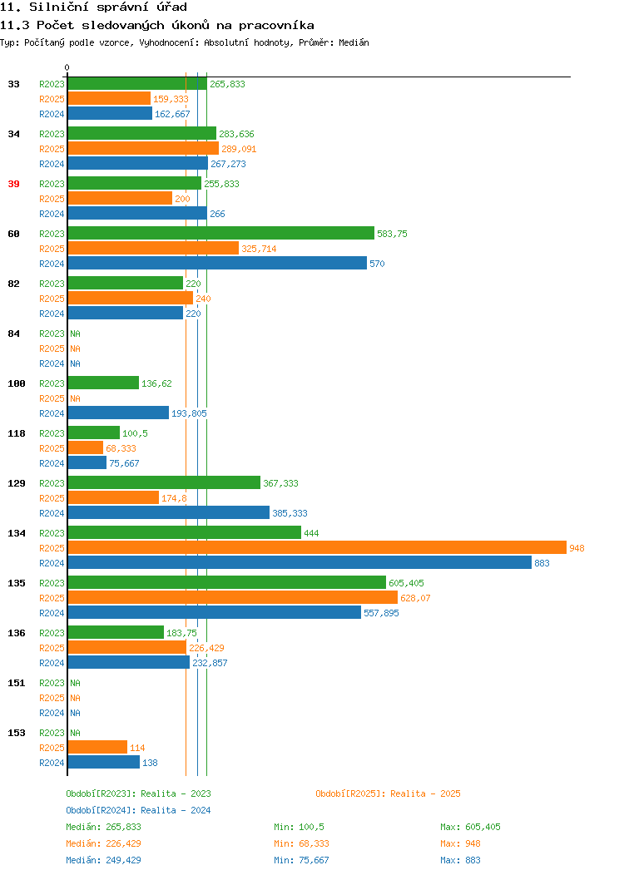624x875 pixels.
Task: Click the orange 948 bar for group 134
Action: pos(317,548)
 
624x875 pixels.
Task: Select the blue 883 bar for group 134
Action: pos(300,563)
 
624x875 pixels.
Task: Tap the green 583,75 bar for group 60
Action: pos(221,233)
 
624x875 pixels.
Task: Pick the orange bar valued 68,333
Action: pos(86,448)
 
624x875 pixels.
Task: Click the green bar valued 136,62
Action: pos(103,383)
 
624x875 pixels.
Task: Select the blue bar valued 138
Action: pos(104,762)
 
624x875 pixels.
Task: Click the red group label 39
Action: pos(14,184)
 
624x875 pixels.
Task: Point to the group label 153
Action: pos(17,733)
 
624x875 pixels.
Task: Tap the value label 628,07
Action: pos(415,598)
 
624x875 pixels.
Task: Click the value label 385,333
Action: pos(290,513)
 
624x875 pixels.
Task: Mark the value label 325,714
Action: pos(259,249)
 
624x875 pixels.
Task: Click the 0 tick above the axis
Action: pos(67,67)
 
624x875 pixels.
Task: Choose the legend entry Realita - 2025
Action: pos(388,793)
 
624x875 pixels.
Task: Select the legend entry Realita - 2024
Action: pos(138,810)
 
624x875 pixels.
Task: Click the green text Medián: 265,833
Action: pos(103,827)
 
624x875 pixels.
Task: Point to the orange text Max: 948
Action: pos(460,843)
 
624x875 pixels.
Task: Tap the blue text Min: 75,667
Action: pos(301,861)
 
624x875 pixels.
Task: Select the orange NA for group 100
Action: pos(76,398)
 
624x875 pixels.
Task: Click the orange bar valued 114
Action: pos(97,747)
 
